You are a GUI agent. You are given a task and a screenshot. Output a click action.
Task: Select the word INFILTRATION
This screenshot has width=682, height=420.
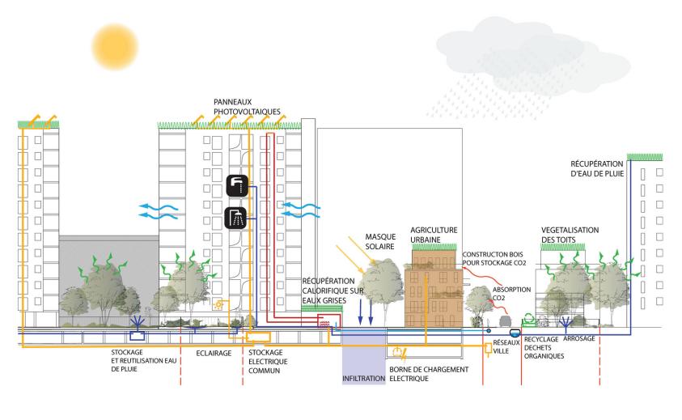tap(362, 377)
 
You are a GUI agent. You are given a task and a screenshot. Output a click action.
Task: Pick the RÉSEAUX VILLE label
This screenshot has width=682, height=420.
tap(506, 349)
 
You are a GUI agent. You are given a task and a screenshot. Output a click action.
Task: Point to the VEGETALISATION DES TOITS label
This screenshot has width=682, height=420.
tap(570, 235)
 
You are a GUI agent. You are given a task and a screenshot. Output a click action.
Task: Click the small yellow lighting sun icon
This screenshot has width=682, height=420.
tap(218, 306)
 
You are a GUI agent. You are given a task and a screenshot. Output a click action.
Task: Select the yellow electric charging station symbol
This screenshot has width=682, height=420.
tap(397, 353)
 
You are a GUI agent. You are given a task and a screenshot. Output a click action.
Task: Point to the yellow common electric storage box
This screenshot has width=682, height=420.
tap(260, 337)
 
